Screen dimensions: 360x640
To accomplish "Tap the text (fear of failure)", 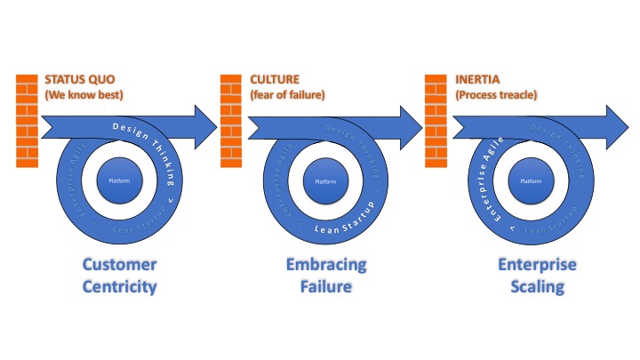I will click(x=284, y=93).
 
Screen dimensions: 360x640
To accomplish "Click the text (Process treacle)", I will click(x=494, y=93).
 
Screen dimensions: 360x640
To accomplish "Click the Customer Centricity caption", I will click(x=119, y=276).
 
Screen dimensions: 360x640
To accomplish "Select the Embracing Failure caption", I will click(x=325, y=276).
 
